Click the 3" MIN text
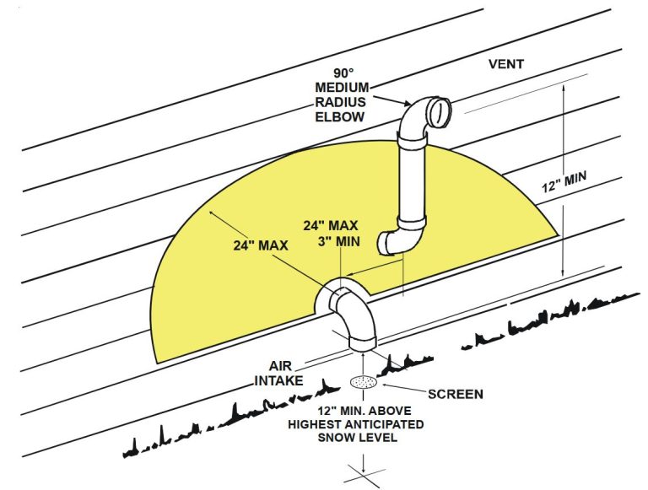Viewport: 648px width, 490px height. coord(332,241)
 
